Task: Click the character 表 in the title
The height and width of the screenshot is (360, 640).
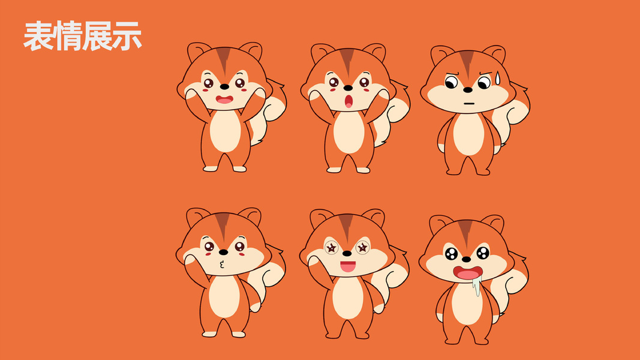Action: pyautogui.click(x=38, y=36)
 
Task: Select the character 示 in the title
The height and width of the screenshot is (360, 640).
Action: pyautogui.click(x=127, y=36)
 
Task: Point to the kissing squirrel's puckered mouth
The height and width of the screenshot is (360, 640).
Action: pyautogui.click(x=222, y=265)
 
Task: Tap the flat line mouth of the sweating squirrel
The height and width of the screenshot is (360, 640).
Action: pyautogui.click(x=469, y=103)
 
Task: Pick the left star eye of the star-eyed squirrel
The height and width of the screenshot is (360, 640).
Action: pyautogui.click(x=332, y=247)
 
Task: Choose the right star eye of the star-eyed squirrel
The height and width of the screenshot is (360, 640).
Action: pyautogui.click(x=362, y=247)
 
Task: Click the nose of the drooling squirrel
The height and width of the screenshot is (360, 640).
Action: pyautogui.click(x=466, y=259)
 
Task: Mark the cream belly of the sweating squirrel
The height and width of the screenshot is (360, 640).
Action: pyautogui.click(x=468, y=134)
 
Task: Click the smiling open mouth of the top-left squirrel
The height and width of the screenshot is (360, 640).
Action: pyautogui.click(x=224, y=100)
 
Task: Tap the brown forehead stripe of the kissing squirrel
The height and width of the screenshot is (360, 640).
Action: pyautogui.click(x=223, y=226)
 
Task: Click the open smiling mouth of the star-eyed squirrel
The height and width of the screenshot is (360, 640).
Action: pyautogui.click(x=348, y=266)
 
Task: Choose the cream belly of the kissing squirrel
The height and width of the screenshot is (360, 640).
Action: pyautogui.click(x=224, y=296)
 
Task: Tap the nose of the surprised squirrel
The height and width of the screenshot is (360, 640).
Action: pyautogui.click(x=348, y=88)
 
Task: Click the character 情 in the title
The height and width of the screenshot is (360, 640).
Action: pyautogui.click(x=68, y=36)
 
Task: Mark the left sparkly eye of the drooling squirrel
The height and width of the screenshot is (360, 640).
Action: pyautogui.click(x=451, y=254)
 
